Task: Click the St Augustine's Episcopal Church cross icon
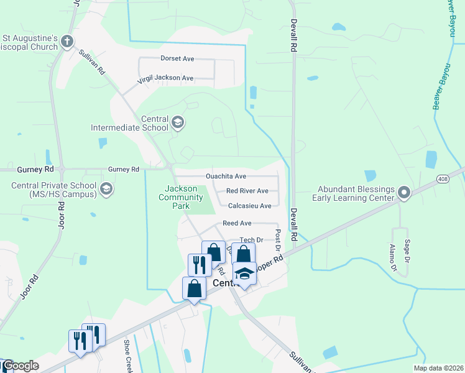(67, 42)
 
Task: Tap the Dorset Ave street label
(178, 58)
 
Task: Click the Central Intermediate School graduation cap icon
(178, 122)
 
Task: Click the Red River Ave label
(247, 191)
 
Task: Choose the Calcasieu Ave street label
(249, 206)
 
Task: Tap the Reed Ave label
(237, 223)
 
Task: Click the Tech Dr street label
(252, 240)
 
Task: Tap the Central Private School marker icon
(106, 188)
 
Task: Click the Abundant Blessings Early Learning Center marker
(404, 193)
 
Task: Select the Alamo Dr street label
(393, 258)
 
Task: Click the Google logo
(21, 366)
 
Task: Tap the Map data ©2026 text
(438, 368)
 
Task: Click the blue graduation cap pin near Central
(244, 274)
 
